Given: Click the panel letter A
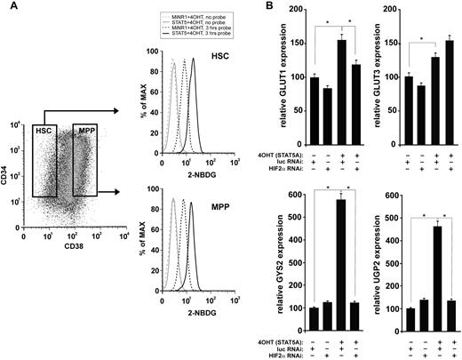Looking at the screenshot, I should pos(8,8).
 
